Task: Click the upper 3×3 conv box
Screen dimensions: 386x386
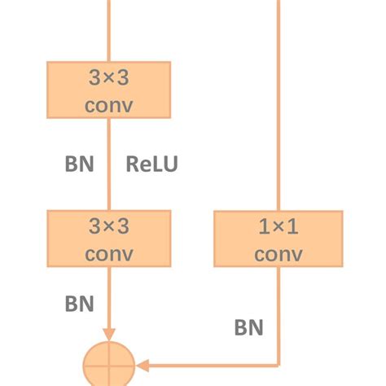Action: pyautogui.click(x=108, y=90)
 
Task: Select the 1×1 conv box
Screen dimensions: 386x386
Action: pyautogui.click(x=278, y=239)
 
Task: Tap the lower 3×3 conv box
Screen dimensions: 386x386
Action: pyautogui.click(x=108, y=239)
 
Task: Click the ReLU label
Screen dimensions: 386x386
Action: pyautogui.click(x=151, y=164)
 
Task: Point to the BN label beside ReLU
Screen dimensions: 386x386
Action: pyautogui.click(x=80, y=164)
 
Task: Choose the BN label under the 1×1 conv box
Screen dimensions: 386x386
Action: pyautogui.click(x=248, y=328)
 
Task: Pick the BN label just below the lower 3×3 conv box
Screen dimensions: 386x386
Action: pyautogui.click(x=80, y=304)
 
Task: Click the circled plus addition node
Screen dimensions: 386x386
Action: pyautogui.click(x=108, y=364)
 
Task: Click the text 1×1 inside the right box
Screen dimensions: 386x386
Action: pyautogui.click(x=278, y=226)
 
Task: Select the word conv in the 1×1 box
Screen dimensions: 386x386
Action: pyautogui.click(x=278, y=254)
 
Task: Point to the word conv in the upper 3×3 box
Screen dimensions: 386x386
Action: pyautogui.click(x=108, y=106)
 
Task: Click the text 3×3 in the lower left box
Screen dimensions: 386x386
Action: pyautogui.click(x=108, y=226)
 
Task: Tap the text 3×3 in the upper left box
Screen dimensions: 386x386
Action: pyautogui.click(x=108, y=78)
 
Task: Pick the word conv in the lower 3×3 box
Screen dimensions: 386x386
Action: pyautogui.click(x=108, y=253)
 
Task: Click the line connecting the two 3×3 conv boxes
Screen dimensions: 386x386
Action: pyautogui.click(x=108, y=187)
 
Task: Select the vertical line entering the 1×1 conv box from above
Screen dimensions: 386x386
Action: pyautogui.click(x=279, y=106)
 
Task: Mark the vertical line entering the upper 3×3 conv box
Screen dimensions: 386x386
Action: pyautogui.click(x=108, y=29)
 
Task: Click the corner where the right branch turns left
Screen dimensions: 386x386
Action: pyautogui.click(x=279, y=364)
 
